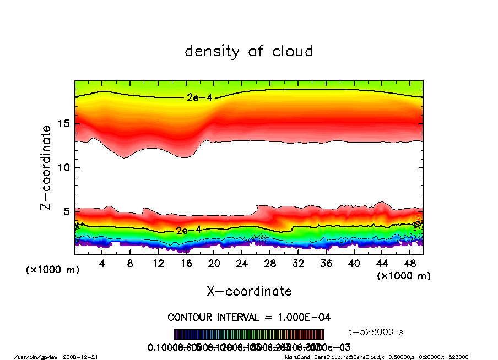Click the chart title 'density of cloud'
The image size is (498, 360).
tap(249, 52)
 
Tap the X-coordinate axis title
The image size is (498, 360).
tap(249, 291)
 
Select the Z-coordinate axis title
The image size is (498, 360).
tap(46, 167)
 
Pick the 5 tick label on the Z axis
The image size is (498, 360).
tap(66, 211)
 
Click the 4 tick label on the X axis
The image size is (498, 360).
tap(102, 264)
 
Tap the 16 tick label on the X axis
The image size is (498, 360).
tap(186, 264)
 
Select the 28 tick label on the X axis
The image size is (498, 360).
tap(270, 264)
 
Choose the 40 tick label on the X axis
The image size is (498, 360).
tap(354, 264)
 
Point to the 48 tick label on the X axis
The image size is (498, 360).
tap(409, 264)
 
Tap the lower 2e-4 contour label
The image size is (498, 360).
tap(188, 230)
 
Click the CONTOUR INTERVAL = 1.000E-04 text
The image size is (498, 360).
tap(249, 318)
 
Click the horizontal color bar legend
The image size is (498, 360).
tap(249, 335)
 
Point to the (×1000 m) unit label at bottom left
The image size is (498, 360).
tap(53, 270)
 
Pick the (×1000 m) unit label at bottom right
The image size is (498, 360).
tap(403, 275)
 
